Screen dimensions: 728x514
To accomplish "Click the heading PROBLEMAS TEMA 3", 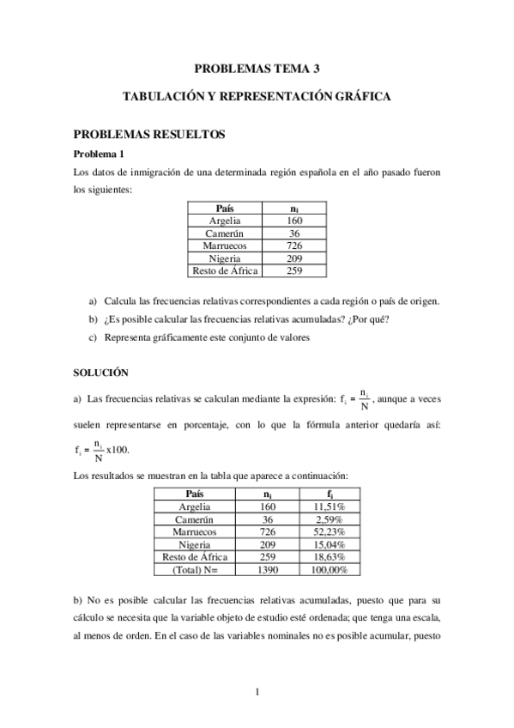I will coord(257,68).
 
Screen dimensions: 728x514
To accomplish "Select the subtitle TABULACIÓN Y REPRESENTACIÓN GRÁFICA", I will coord(257,98).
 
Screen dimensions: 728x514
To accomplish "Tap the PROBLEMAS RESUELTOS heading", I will coord(148,135).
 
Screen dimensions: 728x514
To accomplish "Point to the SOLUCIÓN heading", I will coord(100,373).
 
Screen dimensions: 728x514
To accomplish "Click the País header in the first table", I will coord(225,209).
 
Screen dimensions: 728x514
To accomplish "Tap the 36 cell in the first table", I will coord(294,233).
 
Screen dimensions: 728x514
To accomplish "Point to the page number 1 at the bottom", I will coord(257,692).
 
